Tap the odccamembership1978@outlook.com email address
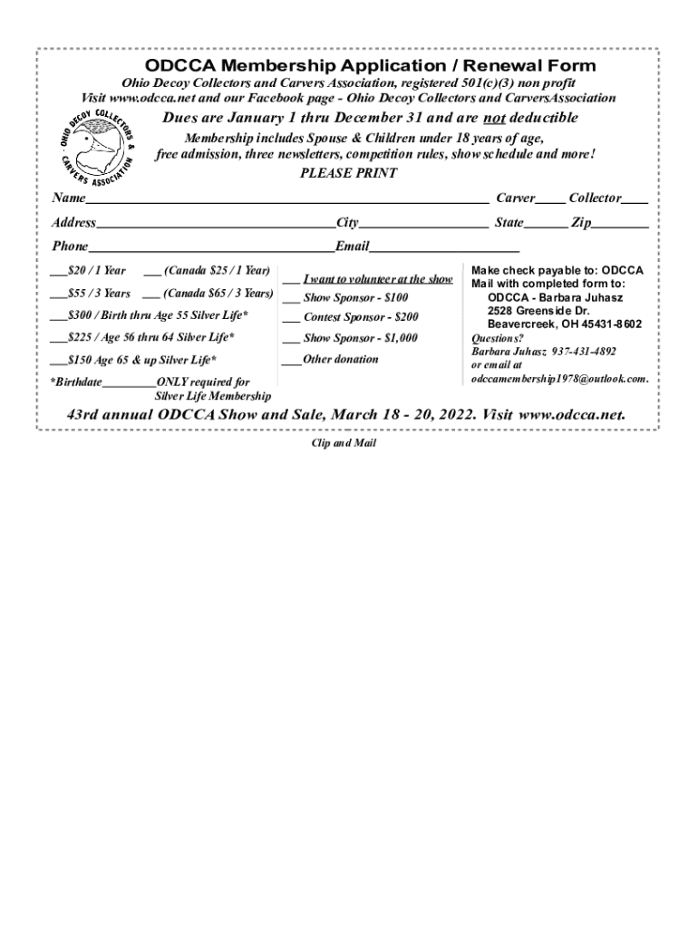[x=558, y=378]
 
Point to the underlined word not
[x=493, y=119]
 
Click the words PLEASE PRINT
[x=348, y=173]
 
